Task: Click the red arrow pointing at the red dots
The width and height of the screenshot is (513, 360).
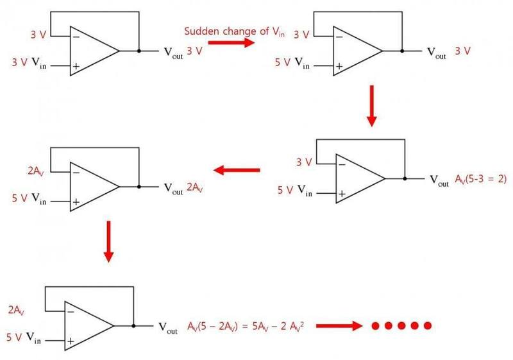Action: pos(339,325)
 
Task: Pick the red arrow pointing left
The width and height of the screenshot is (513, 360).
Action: pos(237,170)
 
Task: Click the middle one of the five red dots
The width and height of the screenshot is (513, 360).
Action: pos(402,325)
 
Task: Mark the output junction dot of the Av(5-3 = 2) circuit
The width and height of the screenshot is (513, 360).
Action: pos(405,178)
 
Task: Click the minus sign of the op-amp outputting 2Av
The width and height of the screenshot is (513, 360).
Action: pos(76,171)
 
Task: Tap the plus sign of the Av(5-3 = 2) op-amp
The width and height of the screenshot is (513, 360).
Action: pos(342,193)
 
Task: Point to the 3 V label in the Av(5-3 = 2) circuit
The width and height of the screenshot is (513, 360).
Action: pos(303,162)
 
